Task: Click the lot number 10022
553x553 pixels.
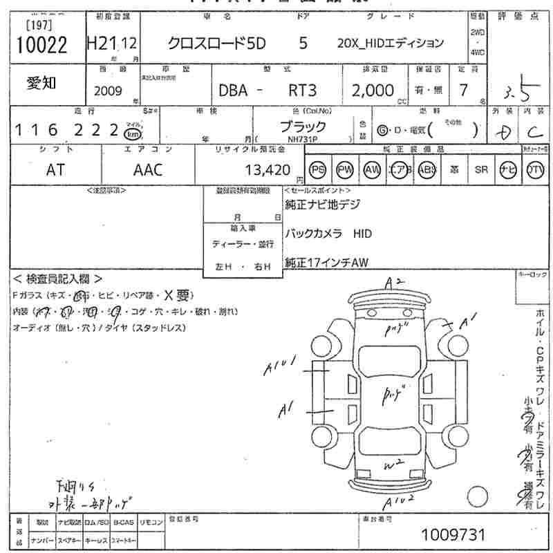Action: tap(41, 45)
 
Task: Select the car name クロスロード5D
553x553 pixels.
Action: tap(215, 43)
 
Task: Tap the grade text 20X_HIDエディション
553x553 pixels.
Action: tap(390, 43)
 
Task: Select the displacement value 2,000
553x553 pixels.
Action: tap(373, 90)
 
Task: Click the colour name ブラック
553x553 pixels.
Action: tap(303, 126)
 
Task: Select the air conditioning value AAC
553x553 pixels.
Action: tap(147, 169)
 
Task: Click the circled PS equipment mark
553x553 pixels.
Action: tap(318, 170)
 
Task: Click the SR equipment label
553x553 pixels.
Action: tap(481, 170)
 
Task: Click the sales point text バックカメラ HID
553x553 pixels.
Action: tap(328, 234)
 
